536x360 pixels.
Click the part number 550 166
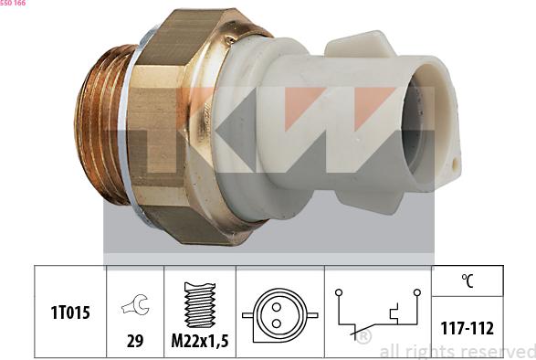[x=14, y=5]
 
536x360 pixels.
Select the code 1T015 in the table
[x=71, y=312]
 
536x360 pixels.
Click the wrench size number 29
[x=135, y=343]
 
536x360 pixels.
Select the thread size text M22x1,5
[x=200, y=343]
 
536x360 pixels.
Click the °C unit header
[x=467, y=281]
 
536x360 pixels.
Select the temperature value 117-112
[x=467, y=327]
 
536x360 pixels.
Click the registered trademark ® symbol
[x=363, y=336]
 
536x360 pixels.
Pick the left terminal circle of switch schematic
[x=339, y=292]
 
